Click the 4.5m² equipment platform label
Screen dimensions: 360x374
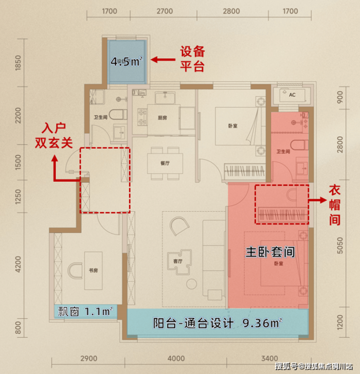click(x=126, y=62)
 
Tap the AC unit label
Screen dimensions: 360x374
click(x=292, y=95)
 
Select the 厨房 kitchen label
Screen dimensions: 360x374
click(x=162, y=118)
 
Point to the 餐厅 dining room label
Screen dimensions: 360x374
click(x=165, y=163)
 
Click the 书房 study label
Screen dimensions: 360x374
click(x=93, y=270)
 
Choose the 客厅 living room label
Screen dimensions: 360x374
click(x=178, y=261)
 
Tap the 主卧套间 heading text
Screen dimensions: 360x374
click(x=270, y=252)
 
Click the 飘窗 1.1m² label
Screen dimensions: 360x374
click(x=85, y=312)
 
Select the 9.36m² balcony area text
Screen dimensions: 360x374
click(x=262, y=323)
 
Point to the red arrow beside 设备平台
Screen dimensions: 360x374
click(x=163, y=59)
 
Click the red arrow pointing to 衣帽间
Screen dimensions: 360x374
click(x=318, y=200)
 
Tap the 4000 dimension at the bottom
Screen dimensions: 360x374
click(x=176, y=358)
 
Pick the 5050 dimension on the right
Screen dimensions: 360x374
click(x=340, y=246)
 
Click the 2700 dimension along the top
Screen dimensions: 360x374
click(x=164, y=11)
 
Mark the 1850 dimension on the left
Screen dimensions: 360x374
click(x=18, y=63)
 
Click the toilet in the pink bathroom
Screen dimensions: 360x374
click(x=299, y=145)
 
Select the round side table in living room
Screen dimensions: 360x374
click(x=192, y=284)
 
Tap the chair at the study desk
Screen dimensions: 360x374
click(x=74, y=270)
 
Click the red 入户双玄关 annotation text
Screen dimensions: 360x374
click(x=54, y=136)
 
